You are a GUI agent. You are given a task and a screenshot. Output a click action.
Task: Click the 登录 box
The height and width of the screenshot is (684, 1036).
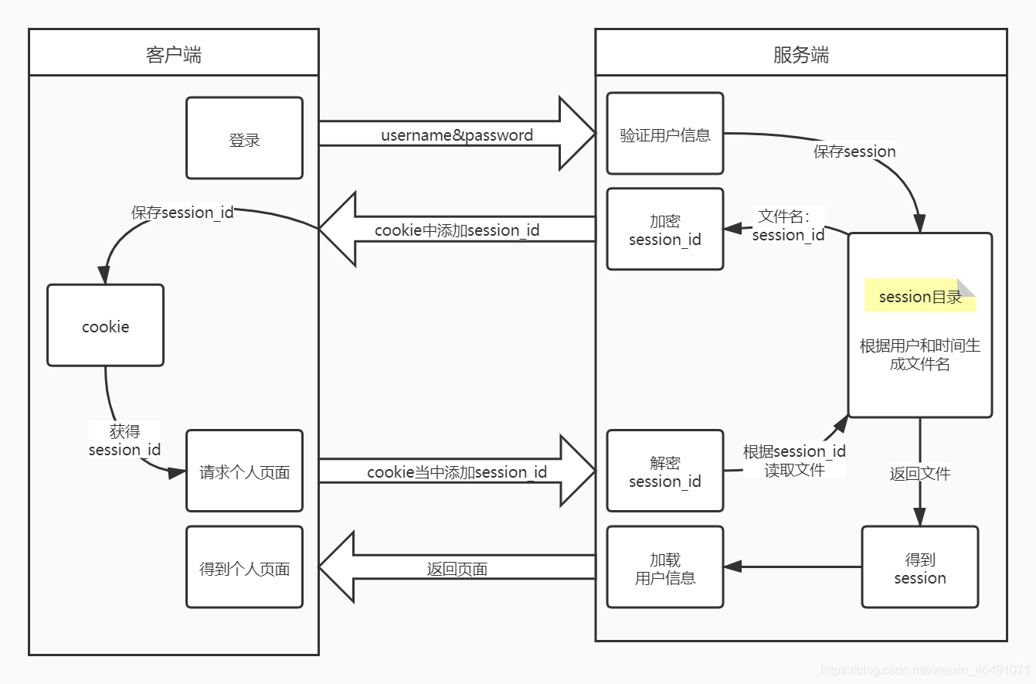pyautogui.click(x=244, y=138)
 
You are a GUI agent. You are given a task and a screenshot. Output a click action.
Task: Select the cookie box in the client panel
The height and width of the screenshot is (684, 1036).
pyautogui.click(x=105, y=325)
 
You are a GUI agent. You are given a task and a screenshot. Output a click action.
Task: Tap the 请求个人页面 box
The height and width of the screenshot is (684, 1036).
pyautogui.click(x=244, y=471)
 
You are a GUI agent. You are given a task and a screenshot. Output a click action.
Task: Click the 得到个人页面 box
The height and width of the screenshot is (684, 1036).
pyautogui.click(x=244, y=567)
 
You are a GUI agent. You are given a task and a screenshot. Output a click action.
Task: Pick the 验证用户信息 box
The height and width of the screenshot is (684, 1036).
pyautogui.click(x=664, y=134)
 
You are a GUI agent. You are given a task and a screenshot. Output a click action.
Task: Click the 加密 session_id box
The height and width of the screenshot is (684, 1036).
pyautogui.click(x=664, y=230)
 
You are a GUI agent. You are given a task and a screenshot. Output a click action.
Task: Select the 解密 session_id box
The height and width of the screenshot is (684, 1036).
pyautogui.click(x=664, y=471)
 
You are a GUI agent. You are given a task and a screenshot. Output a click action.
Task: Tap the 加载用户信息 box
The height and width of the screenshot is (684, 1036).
pyautogui.click(x=664, y=567)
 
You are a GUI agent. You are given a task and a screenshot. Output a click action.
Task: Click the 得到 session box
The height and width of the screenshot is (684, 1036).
pyautogui.click(x=919, y=567)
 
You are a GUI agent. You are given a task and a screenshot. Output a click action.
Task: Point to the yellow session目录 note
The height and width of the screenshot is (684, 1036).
pyautogui.click(x=920, y=296)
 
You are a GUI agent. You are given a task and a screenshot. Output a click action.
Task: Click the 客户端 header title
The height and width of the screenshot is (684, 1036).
pyautogui.click(x=174, y=54)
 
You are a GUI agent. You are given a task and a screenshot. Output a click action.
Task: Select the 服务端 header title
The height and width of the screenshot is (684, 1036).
pyautogui.click(x=800, y=54)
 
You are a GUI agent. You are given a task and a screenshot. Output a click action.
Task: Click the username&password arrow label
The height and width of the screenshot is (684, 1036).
pyautogui.click(x=457, y=135)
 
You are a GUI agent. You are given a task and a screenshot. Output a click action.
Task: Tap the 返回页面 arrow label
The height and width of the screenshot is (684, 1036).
pyautogui.click(x=457, y=570)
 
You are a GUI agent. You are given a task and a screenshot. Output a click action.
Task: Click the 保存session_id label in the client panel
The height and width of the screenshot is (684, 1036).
pyautogui.click(x=182, y=213)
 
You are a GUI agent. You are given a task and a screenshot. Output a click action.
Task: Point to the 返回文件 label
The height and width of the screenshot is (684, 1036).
pyautogui.click(x=919, y=474)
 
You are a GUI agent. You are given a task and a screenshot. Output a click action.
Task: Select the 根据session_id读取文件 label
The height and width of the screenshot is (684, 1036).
pyautogui.click(x=794, y=461)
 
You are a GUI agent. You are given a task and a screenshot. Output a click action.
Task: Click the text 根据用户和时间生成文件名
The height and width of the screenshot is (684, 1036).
pyautogui.click(x=919, y=355)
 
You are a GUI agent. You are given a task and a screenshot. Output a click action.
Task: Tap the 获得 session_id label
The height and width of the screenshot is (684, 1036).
pyautogui.click(x=124, y=441)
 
